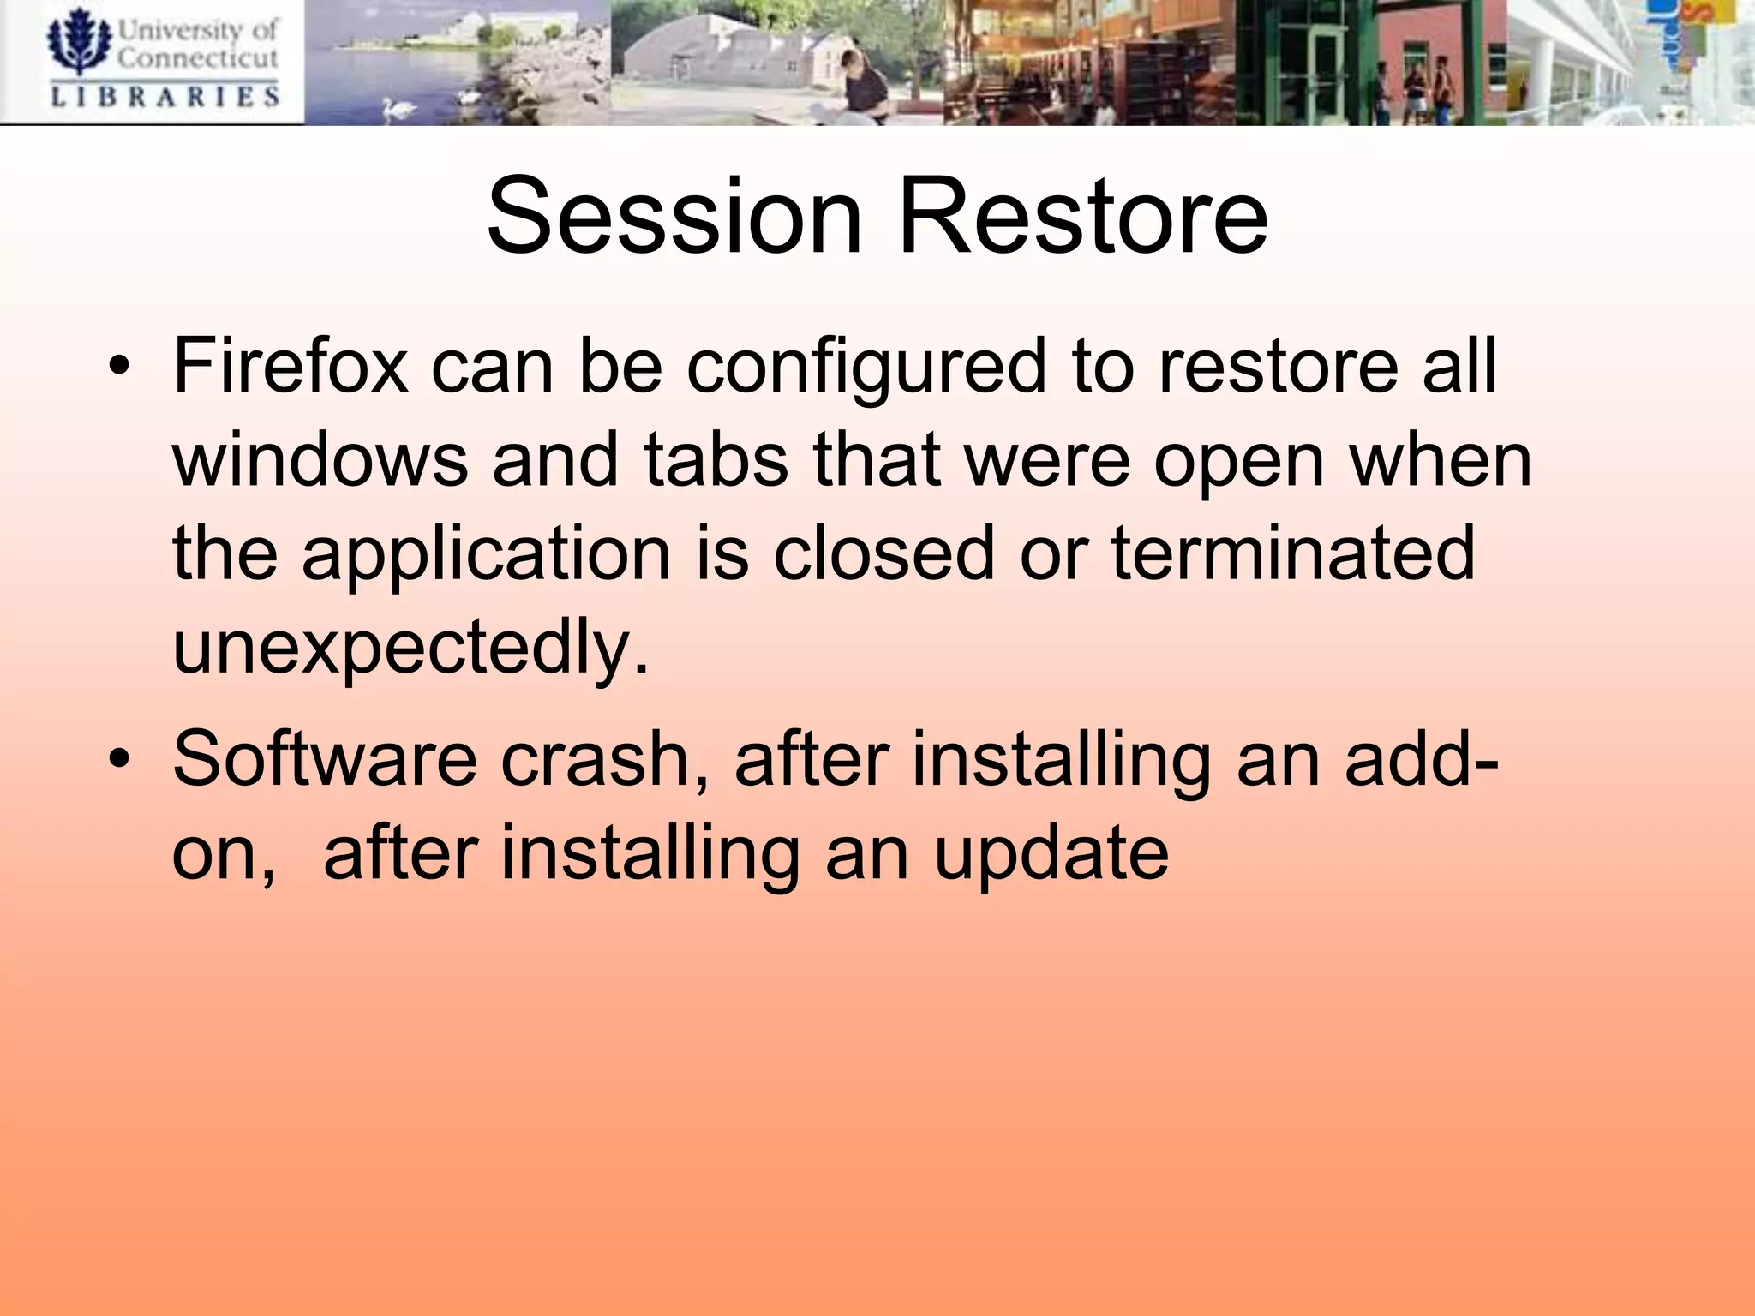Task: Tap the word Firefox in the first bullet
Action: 290,366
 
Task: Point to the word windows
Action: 320,460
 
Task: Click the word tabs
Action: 716,460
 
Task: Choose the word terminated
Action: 1293,553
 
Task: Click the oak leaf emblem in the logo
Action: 79,41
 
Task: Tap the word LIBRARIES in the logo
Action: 165,96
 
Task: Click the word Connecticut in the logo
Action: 198,58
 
